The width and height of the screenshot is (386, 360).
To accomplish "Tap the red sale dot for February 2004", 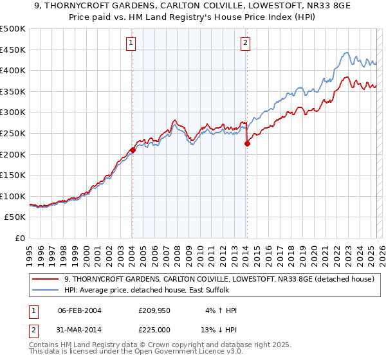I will tap(133, 150).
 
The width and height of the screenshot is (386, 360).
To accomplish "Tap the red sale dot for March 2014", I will tap(247, 144).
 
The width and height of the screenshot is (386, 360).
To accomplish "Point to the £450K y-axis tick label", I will tap(13, 50).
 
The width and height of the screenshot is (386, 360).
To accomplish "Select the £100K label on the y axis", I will tap(13, 196).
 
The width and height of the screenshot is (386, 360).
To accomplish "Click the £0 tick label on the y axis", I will tap(20, 239).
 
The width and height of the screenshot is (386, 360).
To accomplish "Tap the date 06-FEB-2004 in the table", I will tap(79, 310).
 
